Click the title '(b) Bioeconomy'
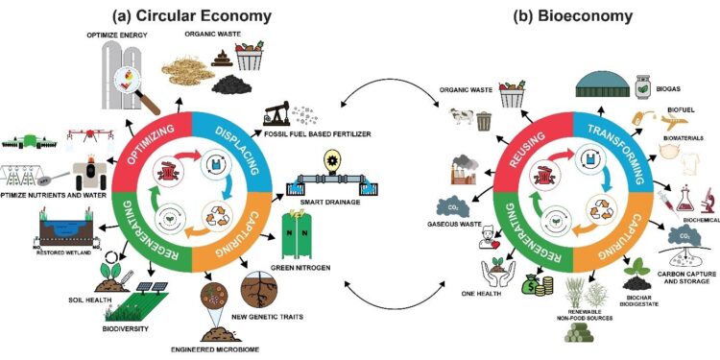coord(565,15)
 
